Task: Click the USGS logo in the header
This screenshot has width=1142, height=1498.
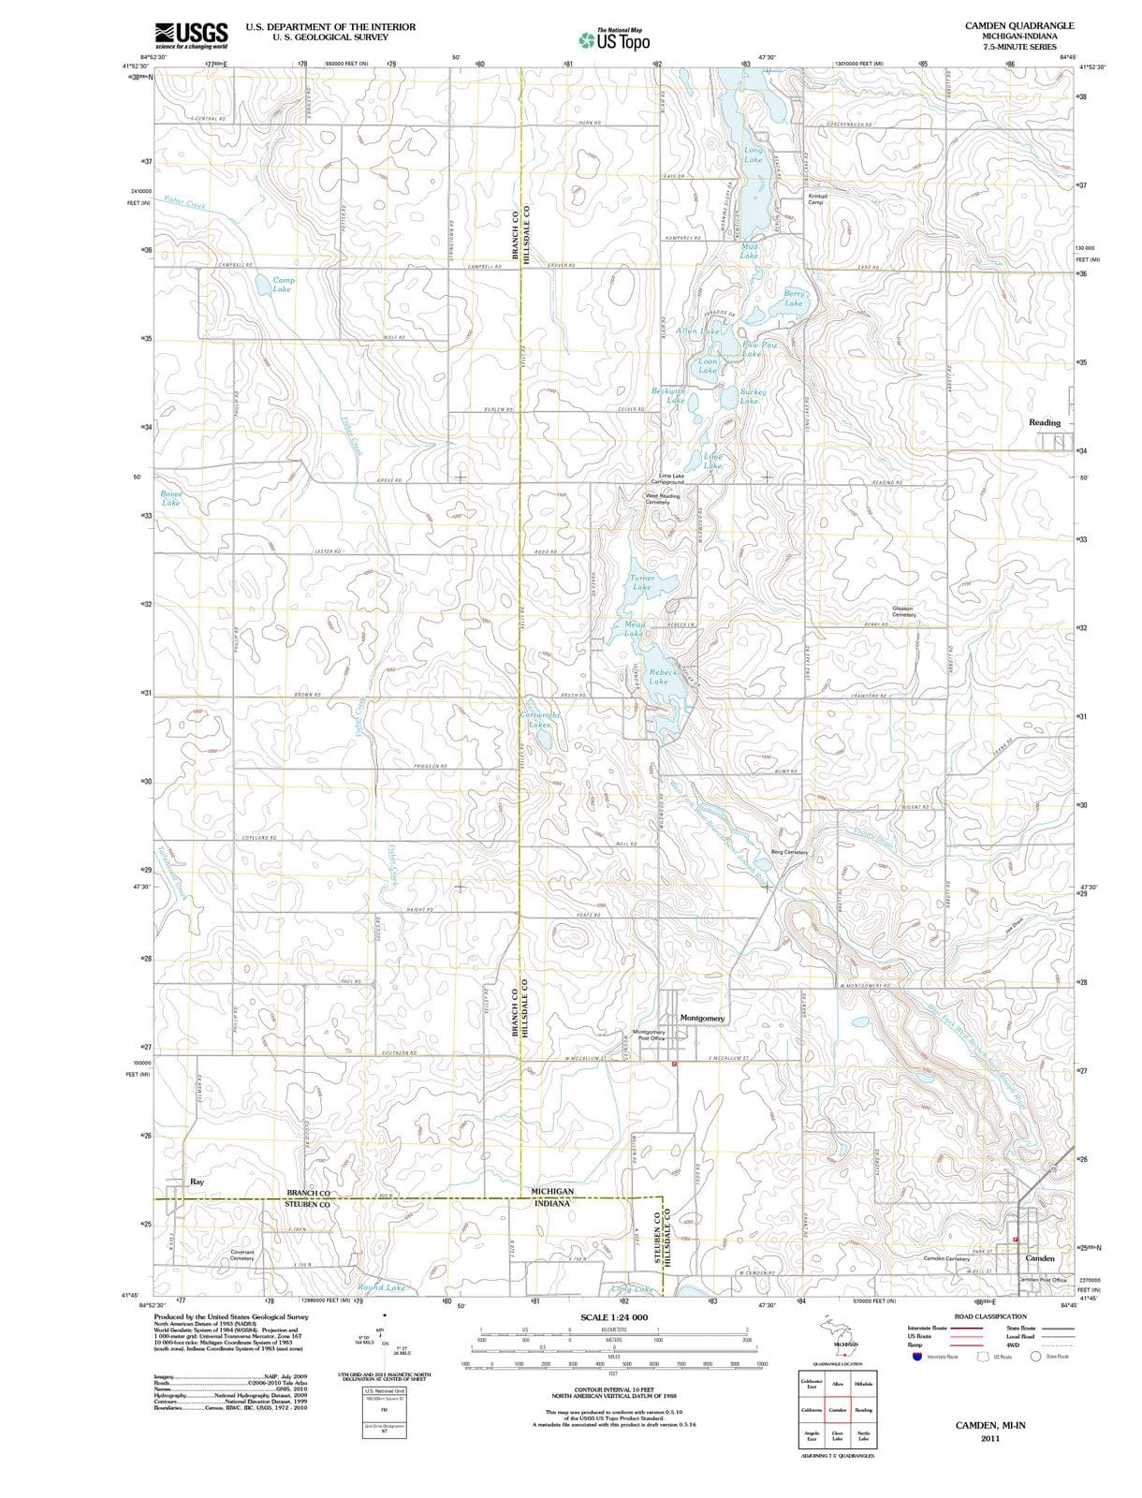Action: (x=191, y=34)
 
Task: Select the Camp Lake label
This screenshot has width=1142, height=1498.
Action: (x=283, y=285)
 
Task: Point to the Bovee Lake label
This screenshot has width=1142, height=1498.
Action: (x=171, y=498)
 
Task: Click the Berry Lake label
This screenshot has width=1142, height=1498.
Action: (x=794, y=299)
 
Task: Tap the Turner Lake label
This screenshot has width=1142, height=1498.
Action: (x=641, y=582)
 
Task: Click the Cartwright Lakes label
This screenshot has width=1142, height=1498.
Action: (x=540, y=719)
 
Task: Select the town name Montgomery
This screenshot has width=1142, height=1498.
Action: (x=702, y=1018)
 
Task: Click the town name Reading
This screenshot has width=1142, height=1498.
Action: (x=1045, y=422)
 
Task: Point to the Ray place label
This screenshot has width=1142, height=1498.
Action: (x=197, y=1182)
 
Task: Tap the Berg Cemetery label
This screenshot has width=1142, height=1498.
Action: (x=789, y=852)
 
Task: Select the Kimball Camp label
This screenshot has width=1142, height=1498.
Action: (x=817, y=199)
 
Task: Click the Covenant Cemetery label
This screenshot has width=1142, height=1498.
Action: (x=242, y=1255)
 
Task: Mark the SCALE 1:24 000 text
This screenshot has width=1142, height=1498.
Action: (x=614, y=1317)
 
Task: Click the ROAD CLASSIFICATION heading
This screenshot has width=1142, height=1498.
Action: (x=989, y=1316)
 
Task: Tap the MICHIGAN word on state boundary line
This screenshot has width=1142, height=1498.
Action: (x=552, y=1191)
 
